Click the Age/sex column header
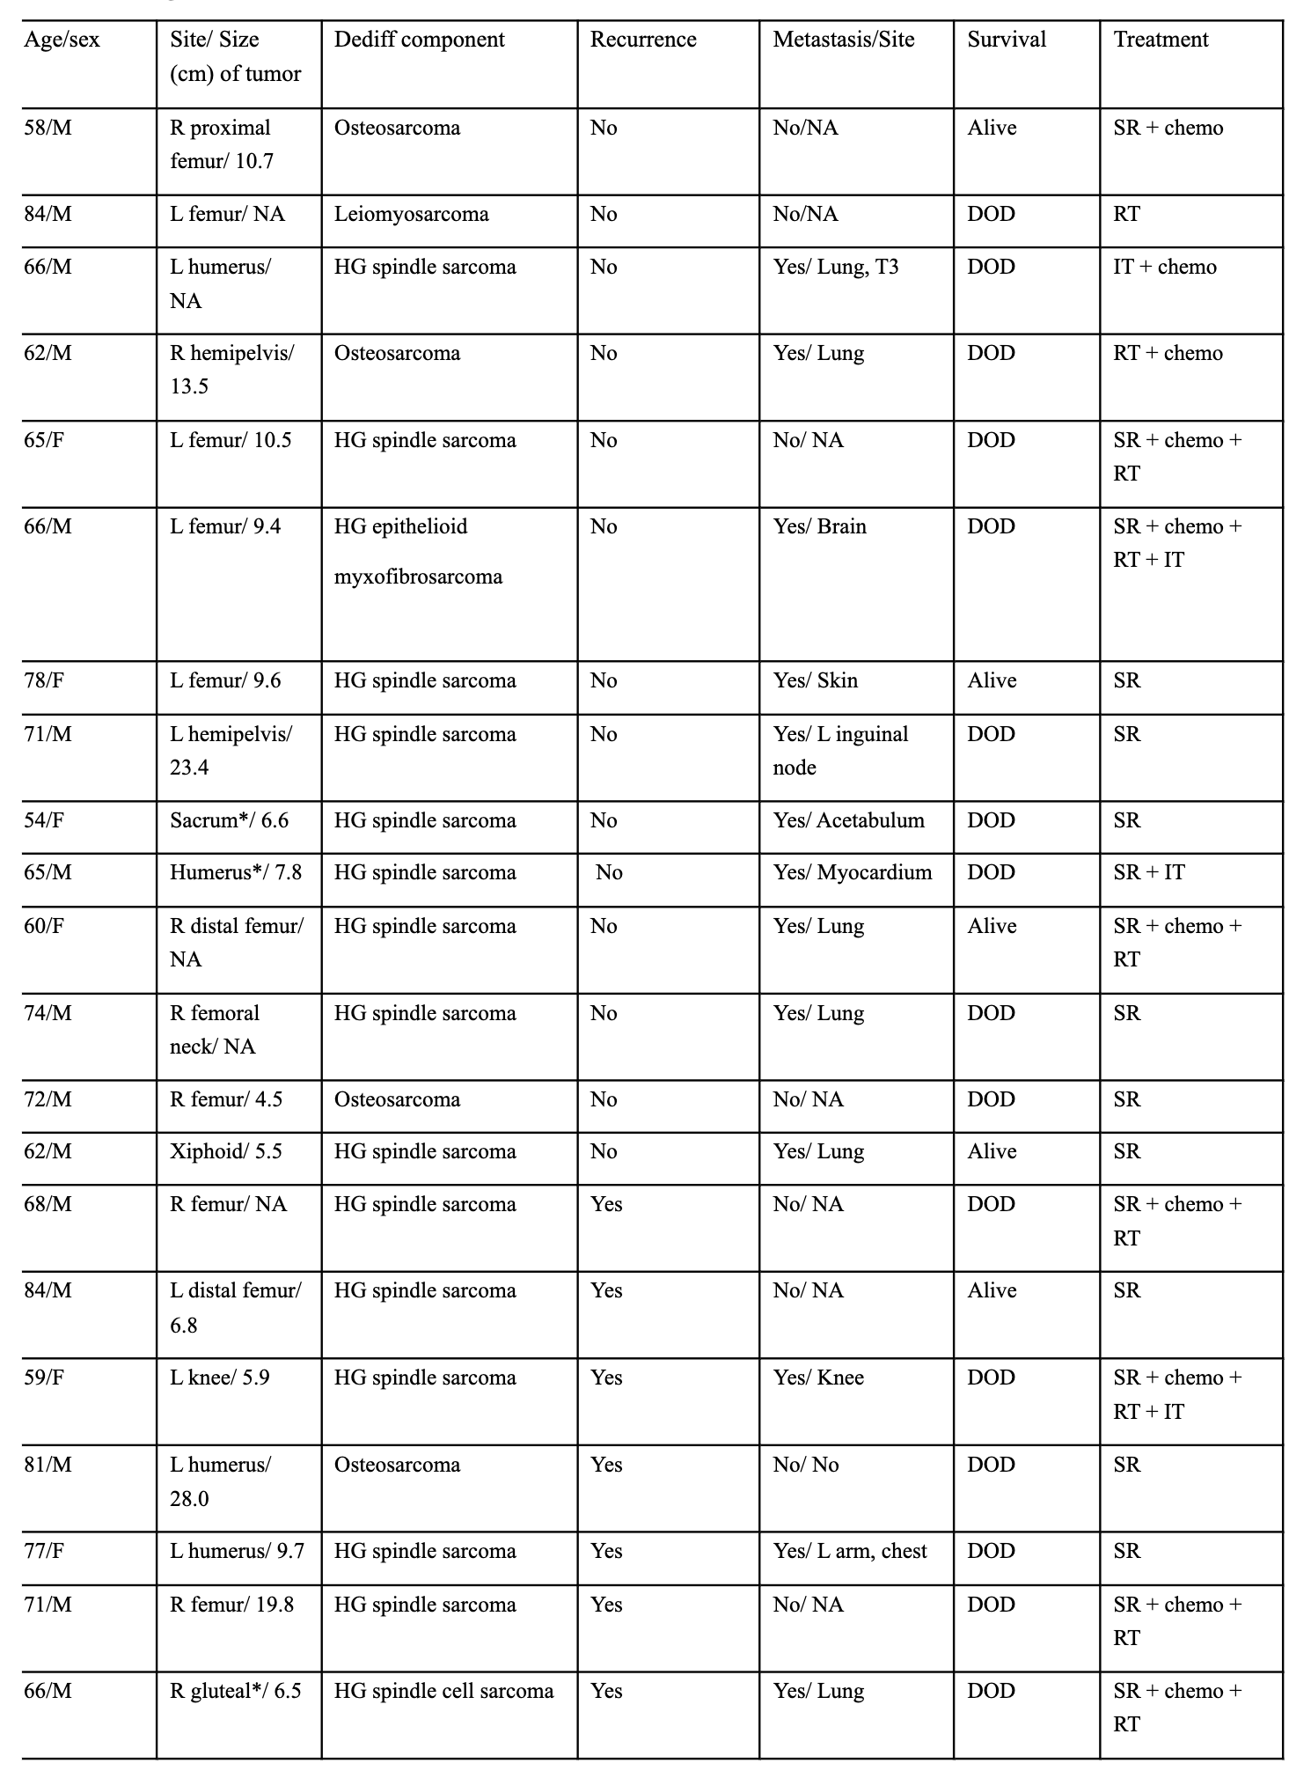click(x=62, y=40)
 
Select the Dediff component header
click(x=419, y=40)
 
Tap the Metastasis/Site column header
click(x=843, y=40)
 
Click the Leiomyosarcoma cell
click(x=411, y=214)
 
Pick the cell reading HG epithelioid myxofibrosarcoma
click(x=418, y=552)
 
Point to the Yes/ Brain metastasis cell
click(x=819, y=526)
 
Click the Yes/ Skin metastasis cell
click(x=815, y=680)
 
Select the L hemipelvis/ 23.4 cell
click(x=231, y=751)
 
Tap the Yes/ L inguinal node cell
click(x=839, y=751)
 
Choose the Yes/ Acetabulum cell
click(x=848, y=820)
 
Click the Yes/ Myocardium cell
click(x=852, y=872)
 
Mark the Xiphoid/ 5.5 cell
click(x=225, y=1151)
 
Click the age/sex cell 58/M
click(x=48, y=128)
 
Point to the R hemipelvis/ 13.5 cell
click(x=231, y=370)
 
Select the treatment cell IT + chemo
click(x=1164, y=267)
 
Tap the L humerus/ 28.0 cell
click(x=220, y=1481)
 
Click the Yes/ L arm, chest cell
click(x=849, y=1551)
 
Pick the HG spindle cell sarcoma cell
click(x=443, y=1691)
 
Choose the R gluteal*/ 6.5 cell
click(x=235, y=1691)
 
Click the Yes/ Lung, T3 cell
click(x=835, y=267)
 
